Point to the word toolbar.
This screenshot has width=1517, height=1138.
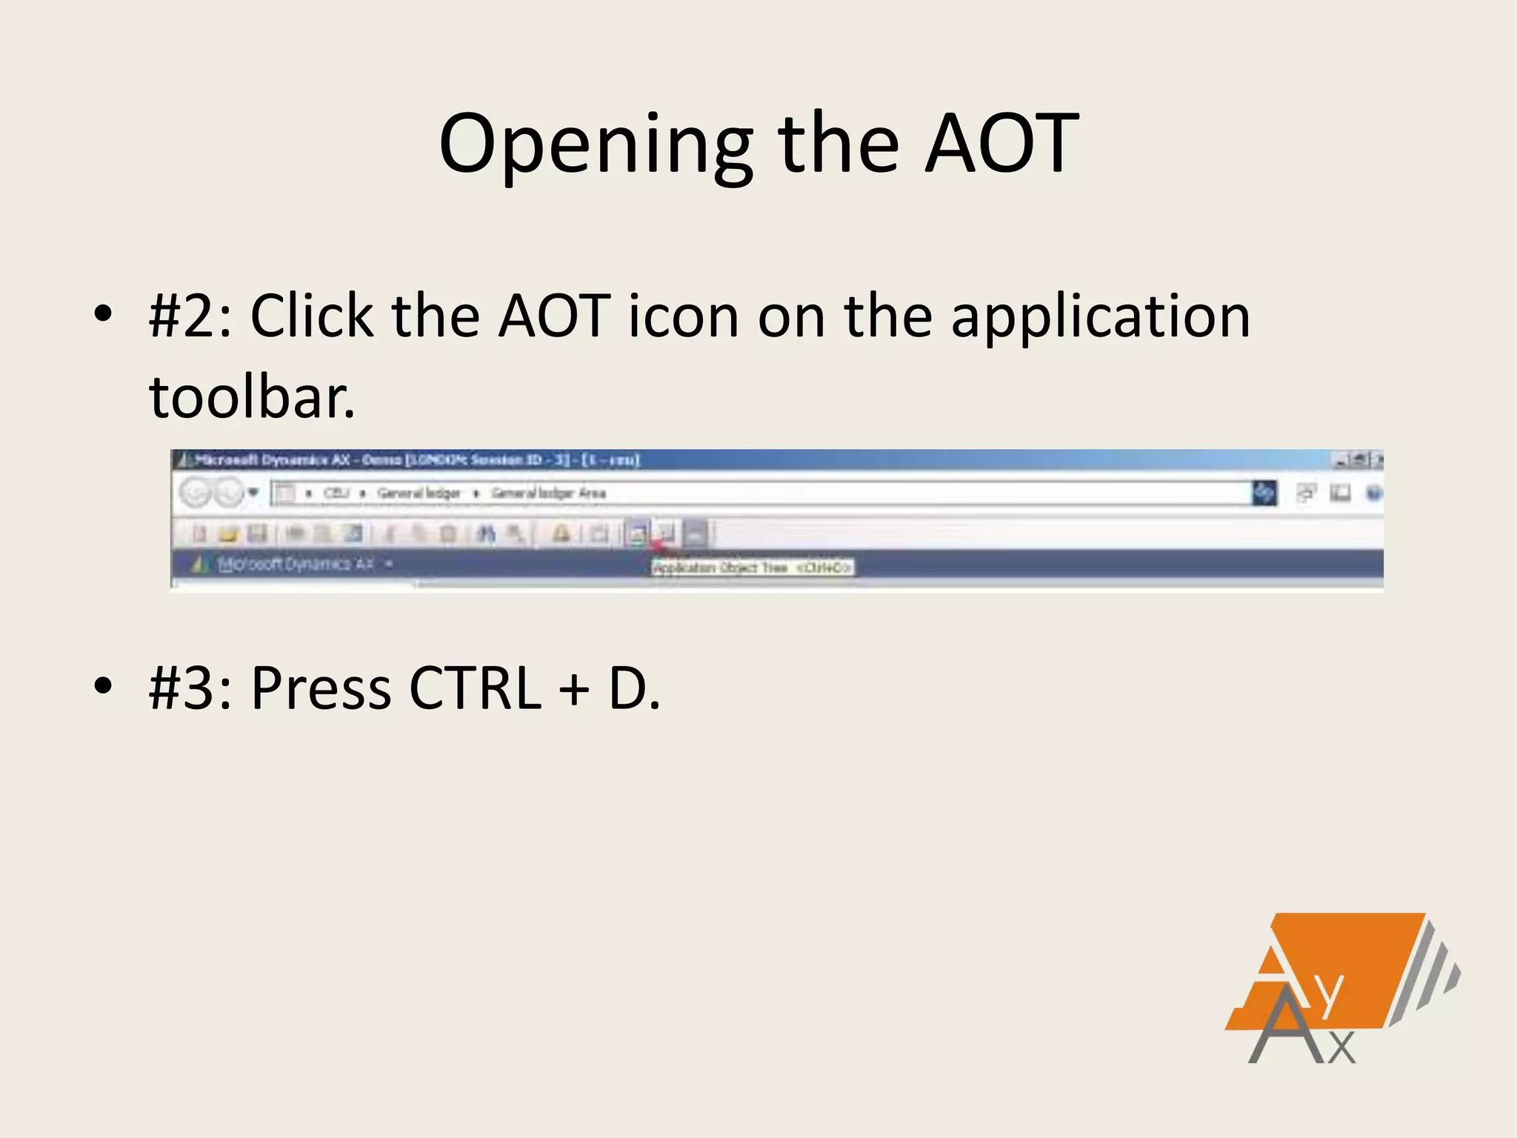[252, 398]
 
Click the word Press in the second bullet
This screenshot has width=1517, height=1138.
[321, 689]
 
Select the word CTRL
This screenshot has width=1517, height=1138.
[475, 689]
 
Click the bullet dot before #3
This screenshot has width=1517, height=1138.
[103, 685]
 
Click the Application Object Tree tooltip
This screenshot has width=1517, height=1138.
[752, 568]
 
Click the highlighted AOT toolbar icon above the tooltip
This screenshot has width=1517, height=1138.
[637, 533]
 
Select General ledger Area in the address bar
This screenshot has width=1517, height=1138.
[548, 493]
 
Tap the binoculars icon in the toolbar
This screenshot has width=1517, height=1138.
[485, 533]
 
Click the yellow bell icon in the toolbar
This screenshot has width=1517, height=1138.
[561, 533]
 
